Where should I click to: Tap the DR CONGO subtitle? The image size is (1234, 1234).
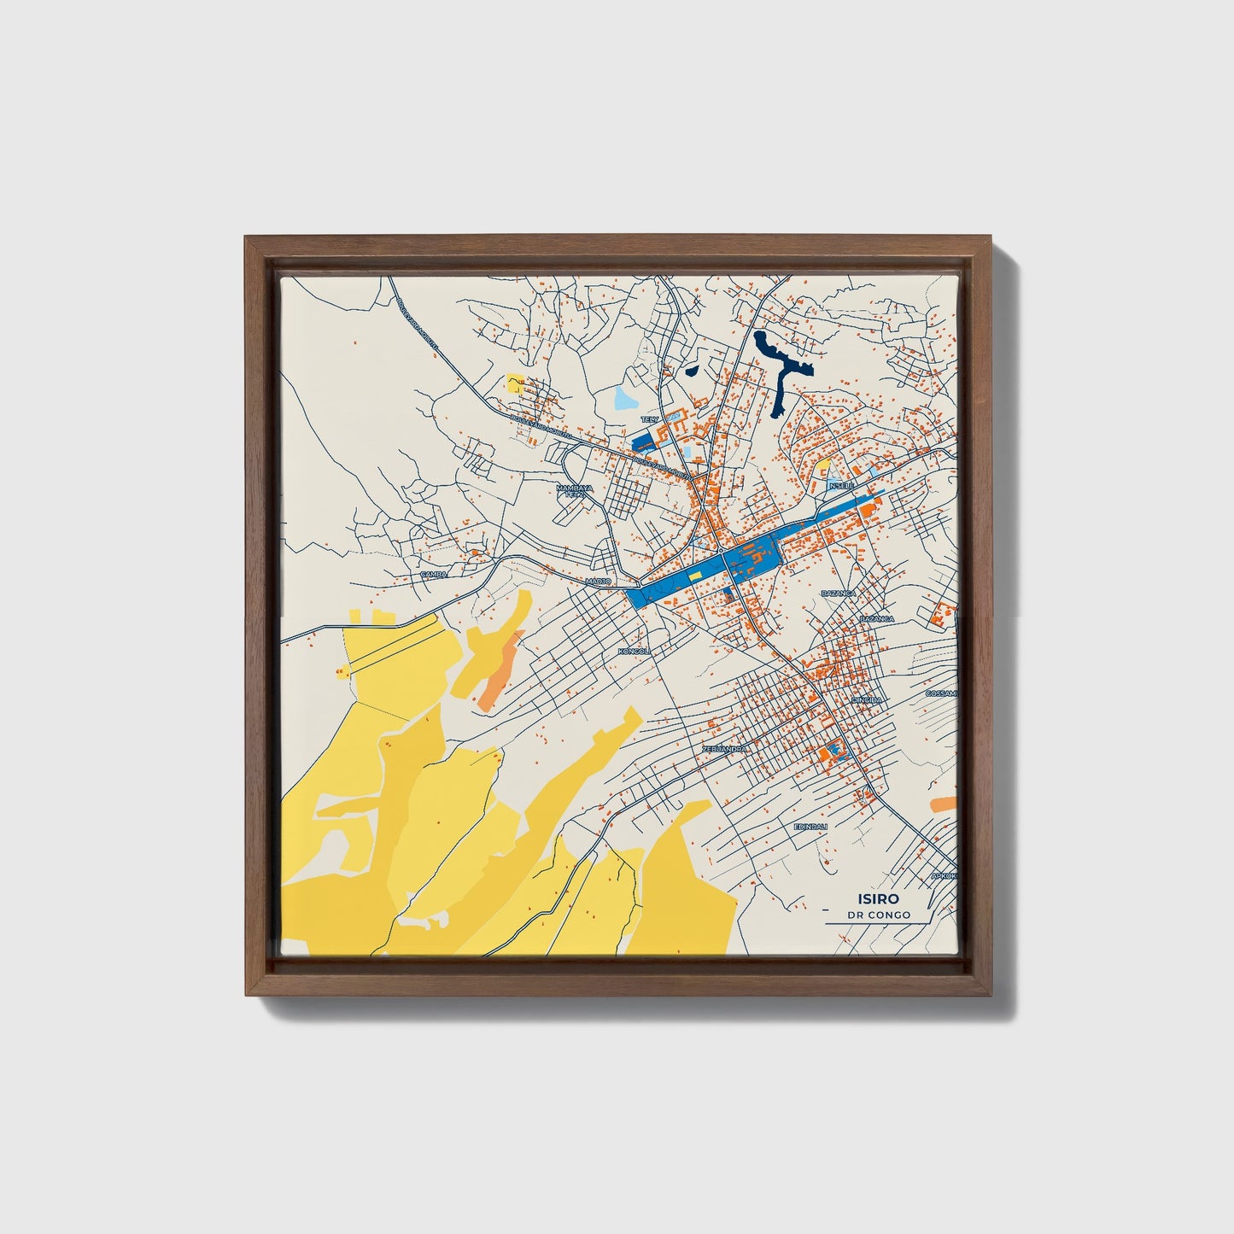(x=879, y=915)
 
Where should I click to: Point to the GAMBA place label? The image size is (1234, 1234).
(x=434, y=575)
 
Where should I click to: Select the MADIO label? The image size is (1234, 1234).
(x=599, y=581)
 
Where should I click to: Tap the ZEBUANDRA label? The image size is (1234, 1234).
(x=724, y=749)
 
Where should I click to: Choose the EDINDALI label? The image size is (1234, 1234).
(x=811, y=827)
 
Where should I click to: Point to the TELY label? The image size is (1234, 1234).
(x=650, y=420)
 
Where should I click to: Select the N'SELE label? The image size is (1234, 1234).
(x=842, y=485)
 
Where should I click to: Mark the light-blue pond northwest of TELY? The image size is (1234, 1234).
(x=624, y=398)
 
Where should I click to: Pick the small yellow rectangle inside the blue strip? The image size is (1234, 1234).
(x=695, y=576)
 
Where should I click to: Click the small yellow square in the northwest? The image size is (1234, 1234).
(x=515, y=383)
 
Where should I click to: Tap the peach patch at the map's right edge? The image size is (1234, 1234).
(x=943, y=804)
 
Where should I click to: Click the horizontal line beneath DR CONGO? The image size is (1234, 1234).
(x=878, y=924)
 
